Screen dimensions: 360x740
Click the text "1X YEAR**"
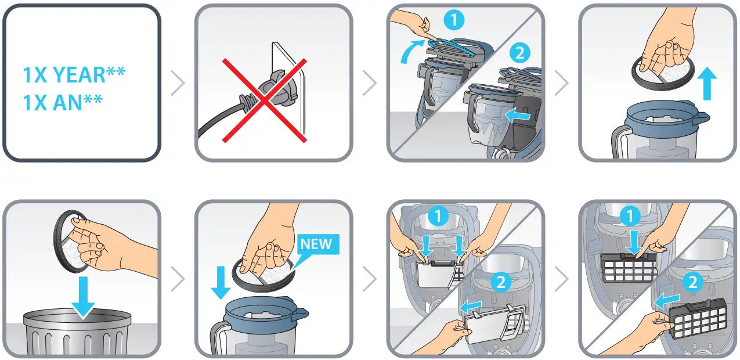(74, 75)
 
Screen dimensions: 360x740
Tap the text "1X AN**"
(63, 103)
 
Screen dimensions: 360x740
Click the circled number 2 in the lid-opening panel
(519, 53)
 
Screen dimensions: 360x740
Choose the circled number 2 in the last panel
(691, 283)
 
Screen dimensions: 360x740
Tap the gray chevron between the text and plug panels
(178, 84)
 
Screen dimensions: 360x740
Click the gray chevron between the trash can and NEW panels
(178, 280)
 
